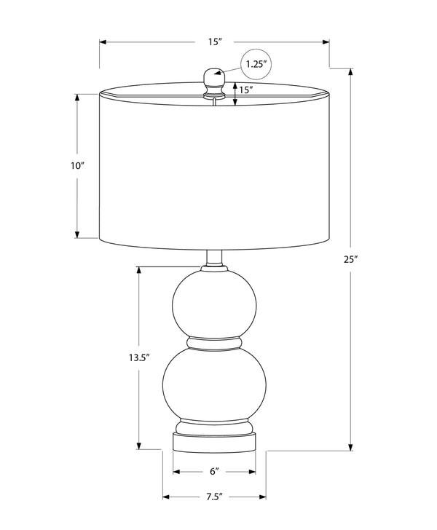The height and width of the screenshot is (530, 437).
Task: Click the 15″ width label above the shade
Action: [215, 42]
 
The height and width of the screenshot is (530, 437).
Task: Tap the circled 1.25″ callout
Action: [256, 64]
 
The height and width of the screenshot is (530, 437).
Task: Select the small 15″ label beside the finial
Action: [246, 90]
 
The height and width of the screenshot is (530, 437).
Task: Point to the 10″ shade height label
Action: [77, 166]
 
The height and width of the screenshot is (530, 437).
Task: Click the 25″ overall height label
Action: [351, 260]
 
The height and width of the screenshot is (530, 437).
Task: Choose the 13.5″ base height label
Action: [138, 357]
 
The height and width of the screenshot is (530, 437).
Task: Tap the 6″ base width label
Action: [214, 472]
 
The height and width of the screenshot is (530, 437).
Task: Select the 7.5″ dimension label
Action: [214, 497]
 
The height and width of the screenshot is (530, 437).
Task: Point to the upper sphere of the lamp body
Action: [214, 304]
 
